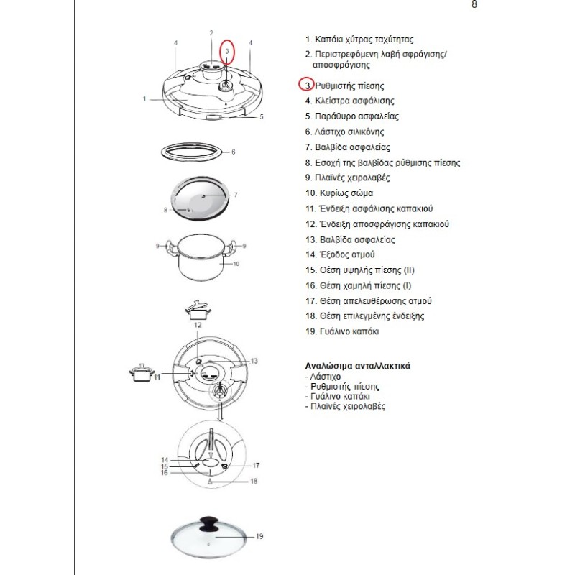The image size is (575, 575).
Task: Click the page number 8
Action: (x=474, y=5)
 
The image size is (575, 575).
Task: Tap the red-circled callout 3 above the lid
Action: (x=227, y=51)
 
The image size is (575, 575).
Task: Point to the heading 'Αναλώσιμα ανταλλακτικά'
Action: (x=357, y=366)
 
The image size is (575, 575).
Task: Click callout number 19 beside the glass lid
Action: (x=259, y=536)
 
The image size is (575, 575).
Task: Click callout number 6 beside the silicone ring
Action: (x=233, y=152)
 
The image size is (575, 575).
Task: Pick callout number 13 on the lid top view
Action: (x=254, y=361)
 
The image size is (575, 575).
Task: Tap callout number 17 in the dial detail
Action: (x=255, y=466)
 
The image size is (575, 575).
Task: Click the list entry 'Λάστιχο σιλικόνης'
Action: (x=344, y=132)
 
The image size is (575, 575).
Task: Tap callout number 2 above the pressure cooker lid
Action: (x=211, y=33)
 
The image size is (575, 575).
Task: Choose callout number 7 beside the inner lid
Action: (x=236, y=195)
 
